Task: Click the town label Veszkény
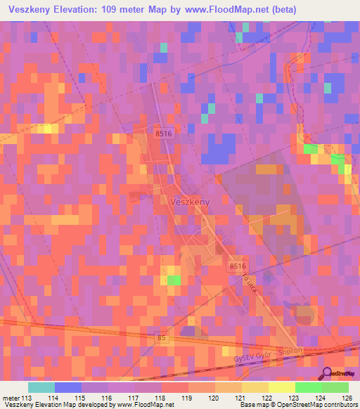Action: pos(190,202)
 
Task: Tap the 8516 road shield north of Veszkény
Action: pos(163,133)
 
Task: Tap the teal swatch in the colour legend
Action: pos(41,387)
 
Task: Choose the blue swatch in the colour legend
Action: pos(68,387)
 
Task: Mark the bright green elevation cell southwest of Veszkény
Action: pos(174,280)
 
